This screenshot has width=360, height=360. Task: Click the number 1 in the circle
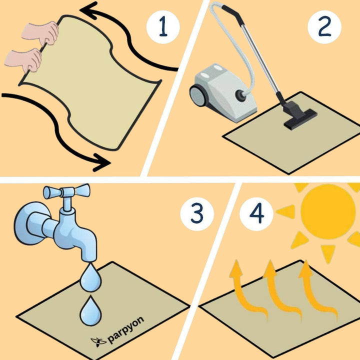pos(163,27)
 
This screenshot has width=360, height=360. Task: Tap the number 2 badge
pos(324,27)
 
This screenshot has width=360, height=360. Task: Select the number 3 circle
pos(197,214)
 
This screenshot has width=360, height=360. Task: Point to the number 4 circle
pos(256,214)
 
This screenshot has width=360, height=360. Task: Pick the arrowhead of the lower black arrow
pos(101,162)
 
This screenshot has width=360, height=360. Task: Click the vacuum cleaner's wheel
pos(197,95)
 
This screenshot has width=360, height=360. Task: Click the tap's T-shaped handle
pos(66,191)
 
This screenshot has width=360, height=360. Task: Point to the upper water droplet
pos(90,277)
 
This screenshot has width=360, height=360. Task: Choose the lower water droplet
pos(90,310)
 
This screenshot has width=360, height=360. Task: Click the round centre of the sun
pos(328,211)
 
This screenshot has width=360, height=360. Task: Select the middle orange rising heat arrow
pos(281,290)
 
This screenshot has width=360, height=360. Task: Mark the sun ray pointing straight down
pos(328,252)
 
